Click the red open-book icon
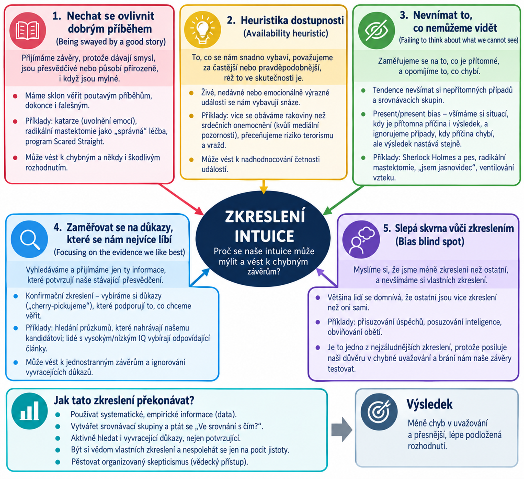(28, 30)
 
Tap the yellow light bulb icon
(202, 30)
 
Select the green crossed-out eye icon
(376, 30)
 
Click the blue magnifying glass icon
(29, 239)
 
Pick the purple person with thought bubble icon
(361, 239)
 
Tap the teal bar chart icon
(30, 411)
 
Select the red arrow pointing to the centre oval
(181, 199)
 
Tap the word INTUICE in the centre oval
(264, 236)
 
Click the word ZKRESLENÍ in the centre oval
(265, 216)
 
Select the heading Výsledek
(429, 404)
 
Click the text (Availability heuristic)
(286, 34)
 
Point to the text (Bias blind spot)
(430, 242)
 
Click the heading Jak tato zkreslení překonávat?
(124, 401)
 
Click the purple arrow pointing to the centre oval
(327, 277)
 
